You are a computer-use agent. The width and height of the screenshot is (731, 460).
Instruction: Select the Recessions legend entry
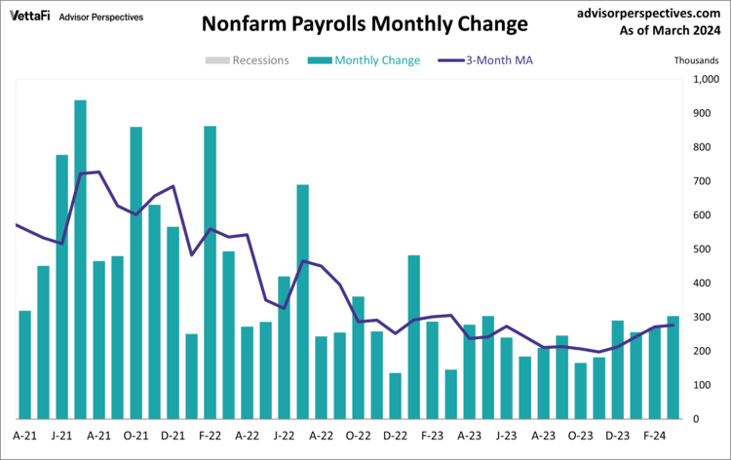(x=247, y=60)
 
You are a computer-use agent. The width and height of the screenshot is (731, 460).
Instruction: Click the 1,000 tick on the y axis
(x=704, y=80)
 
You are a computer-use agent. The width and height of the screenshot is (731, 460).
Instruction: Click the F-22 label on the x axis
(x=210, y=435)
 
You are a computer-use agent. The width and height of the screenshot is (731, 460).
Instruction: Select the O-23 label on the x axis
(x=580, y=435)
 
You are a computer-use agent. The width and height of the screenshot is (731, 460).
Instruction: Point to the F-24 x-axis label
(x=654, y=435)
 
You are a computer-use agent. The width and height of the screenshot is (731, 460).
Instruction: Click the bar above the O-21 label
(x=135, y=273)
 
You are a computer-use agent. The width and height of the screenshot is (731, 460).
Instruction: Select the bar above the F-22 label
(x=210, y=272)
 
